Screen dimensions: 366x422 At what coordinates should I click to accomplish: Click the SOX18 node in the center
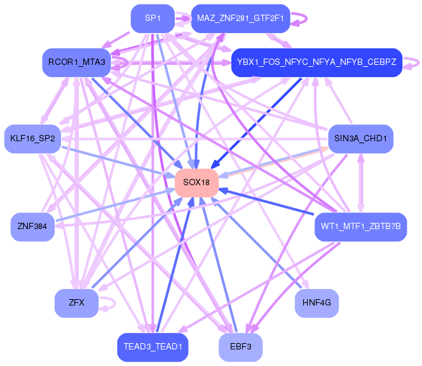[x=196, y=182]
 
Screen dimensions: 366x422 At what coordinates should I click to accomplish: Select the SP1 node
[x=152, y=18]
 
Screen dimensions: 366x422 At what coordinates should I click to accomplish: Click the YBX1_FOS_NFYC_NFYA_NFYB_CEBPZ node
[x=316, y=62]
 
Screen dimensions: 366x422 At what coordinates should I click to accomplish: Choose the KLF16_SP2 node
[x=32, y=138]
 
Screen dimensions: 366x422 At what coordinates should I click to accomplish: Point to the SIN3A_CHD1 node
[x=360, y=138]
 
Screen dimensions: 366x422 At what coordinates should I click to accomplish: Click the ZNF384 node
[x=32, y=227]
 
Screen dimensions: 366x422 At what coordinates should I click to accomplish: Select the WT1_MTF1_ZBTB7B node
[x=360, y=227]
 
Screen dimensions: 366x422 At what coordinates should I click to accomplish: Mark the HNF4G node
[x=316, y=303]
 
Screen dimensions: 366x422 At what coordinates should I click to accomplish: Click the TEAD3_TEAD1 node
[x=152, y=347]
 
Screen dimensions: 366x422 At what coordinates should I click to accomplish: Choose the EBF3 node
[x=240, y=347]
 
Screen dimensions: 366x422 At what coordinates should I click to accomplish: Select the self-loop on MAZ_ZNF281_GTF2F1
[x=303, y=18]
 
